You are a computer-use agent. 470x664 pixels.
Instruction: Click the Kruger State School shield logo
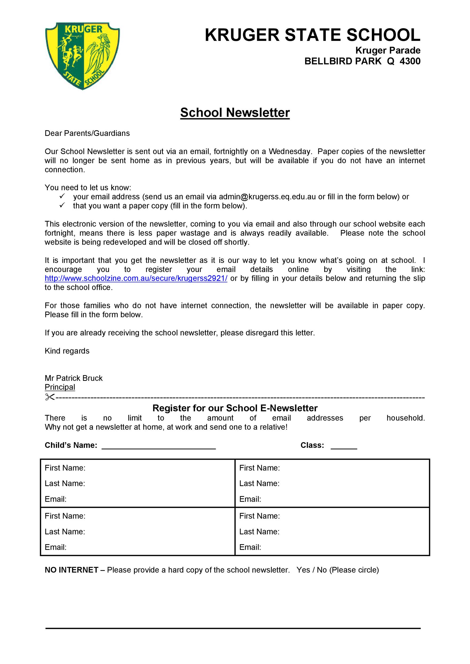(82, 56)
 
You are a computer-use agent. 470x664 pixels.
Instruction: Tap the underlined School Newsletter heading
(235, 113)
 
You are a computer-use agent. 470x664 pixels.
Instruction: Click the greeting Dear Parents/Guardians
(87, 133)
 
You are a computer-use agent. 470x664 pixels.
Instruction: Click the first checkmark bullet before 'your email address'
(62, 196)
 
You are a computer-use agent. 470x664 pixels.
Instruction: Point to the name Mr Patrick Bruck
(74, 378)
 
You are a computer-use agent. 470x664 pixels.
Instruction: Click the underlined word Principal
(60, 387)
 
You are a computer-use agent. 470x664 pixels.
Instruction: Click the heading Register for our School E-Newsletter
(235, 408)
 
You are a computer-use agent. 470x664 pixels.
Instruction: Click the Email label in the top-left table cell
(56, 499)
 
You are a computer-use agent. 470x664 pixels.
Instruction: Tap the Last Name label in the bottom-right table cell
(259, 531)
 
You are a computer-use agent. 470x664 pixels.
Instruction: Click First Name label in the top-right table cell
(259, 468)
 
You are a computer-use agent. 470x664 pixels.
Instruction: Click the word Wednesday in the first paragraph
(290, 152)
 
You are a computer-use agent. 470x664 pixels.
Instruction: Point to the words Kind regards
(67, 351)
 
